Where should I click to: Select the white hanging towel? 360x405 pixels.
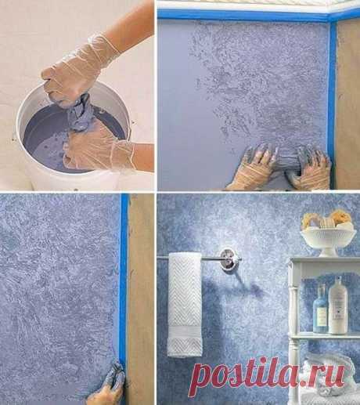coord(185,304)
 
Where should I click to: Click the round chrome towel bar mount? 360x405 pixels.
coord(227,259)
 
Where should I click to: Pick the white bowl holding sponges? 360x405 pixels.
coord(328,241)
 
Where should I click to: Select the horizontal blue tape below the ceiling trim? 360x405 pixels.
coord(245,15)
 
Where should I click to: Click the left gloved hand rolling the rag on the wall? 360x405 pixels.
coord(257,166)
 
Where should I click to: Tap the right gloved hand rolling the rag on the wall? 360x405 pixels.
coord(311,168)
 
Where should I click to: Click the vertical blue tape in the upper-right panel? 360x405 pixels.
coord(332,104)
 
